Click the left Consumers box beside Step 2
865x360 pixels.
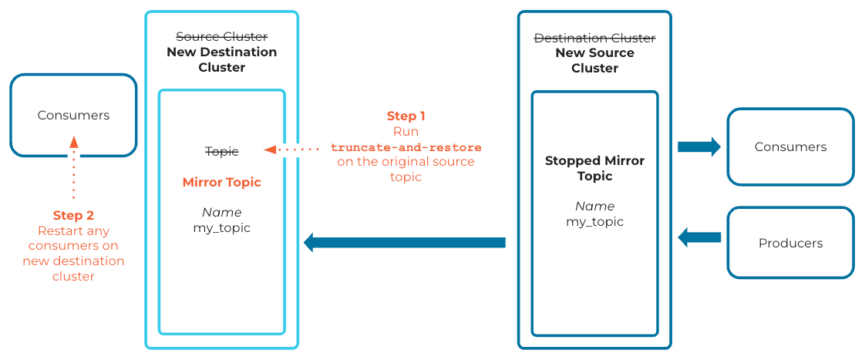73,115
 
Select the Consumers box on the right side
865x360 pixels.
790,146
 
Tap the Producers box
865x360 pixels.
790,243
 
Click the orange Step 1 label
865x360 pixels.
406,116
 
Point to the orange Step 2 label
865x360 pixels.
73,215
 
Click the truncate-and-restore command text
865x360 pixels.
406,147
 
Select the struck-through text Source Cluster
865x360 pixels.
221,37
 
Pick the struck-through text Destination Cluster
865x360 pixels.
594,38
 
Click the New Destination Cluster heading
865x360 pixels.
221,59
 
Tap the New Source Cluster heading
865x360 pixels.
594,60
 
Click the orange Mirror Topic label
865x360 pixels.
221,183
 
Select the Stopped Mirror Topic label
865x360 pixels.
594,168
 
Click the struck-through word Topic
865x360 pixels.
222,152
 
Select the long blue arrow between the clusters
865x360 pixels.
405,243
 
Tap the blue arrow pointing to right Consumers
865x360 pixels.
698,146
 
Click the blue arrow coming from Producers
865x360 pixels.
699,237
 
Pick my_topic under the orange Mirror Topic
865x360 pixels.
221,228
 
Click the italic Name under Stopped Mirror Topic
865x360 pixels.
594,206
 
